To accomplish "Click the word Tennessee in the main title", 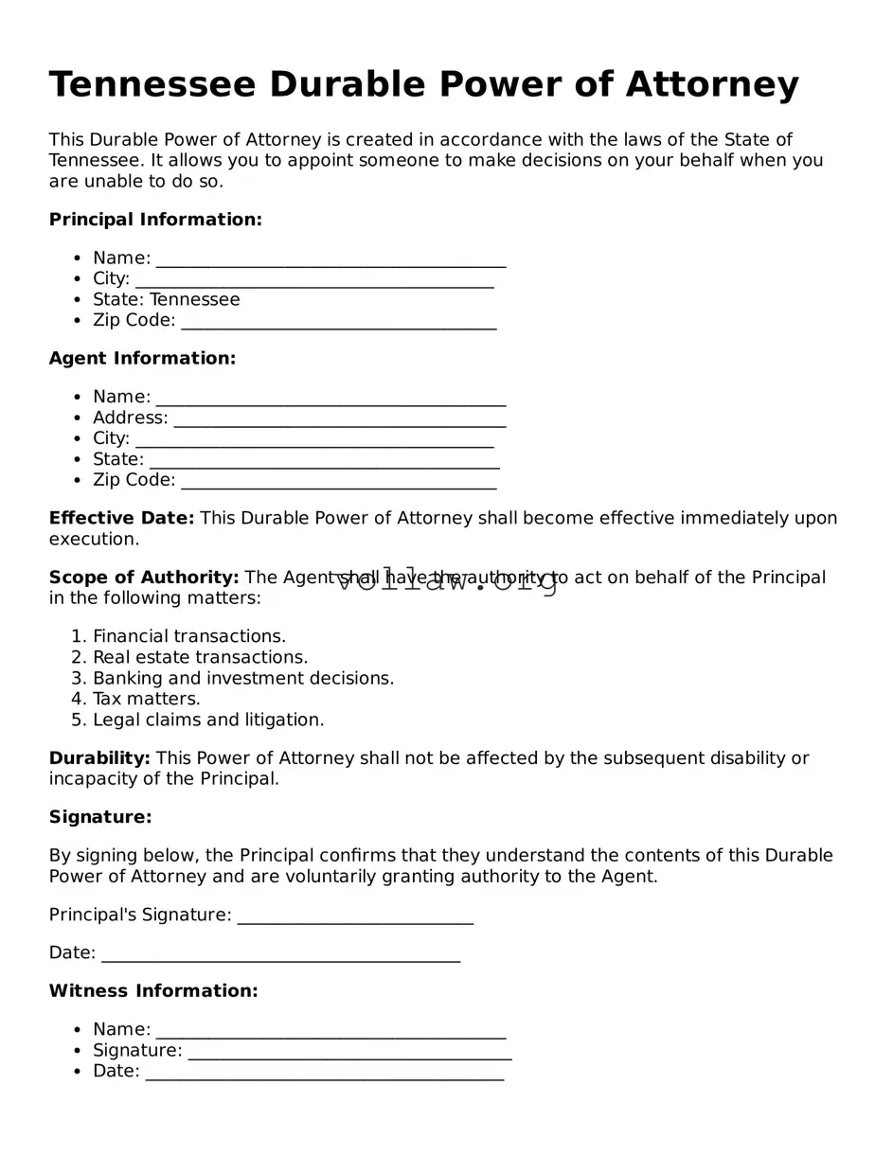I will [x=152, y=85].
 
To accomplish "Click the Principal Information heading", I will [x=155, y=220].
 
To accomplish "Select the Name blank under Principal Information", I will [x=330, y=259].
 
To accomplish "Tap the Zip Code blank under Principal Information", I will [x=338, y=322].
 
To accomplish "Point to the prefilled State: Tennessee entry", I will [x=166, y=300].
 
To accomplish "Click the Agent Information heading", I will [x=142, y=358].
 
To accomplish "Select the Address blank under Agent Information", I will [x=340, y=418].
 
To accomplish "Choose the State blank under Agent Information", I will [x=324, y=460].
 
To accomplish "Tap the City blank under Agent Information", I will [x=314, y=439].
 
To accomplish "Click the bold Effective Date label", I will [x=121, y=519].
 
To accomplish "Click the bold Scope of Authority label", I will [x=144, y=578].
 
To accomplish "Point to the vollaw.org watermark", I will [x=447, y=581].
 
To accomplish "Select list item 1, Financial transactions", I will [x=188, y=637].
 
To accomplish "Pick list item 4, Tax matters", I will [x=146, y=700].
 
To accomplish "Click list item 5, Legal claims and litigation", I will [x=207, y=720].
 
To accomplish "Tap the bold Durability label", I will [x=99, y=758].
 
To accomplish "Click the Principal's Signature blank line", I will [x=355, y=916].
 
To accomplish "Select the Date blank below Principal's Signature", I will [x=280, y=954].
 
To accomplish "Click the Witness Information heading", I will [x=153, y=991].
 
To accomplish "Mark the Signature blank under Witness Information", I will [x=349, y=1052].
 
